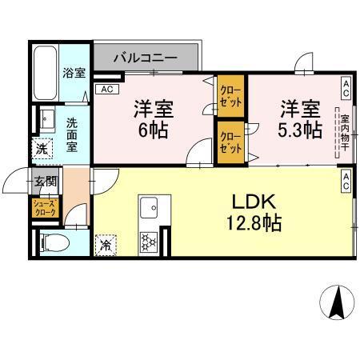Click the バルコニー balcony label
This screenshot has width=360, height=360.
point(144,58)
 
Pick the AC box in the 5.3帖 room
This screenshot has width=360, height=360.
point(346,84)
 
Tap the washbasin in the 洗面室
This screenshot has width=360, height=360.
point(45,117)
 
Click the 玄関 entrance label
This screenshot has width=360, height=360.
point(42,181)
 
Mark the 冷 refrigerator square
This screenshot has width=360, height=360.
point(105,245)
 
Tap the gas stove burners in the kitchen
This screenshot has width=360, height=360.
point(148,240)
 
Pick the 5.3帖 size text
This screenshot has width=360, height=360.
point(298,130)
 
